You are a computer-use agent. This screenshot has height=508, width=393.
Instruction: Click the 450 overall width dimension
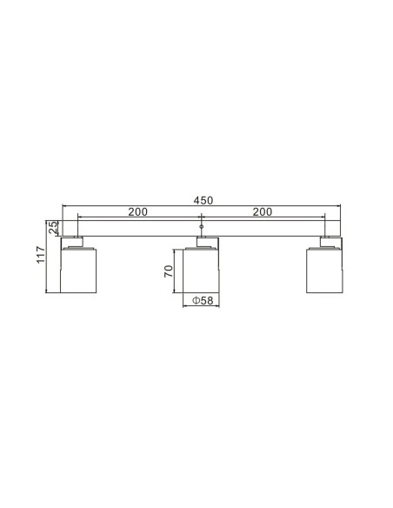coord(202,200)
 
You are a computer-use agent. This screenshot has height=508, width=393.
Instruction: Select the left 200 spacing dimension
coord(137,211)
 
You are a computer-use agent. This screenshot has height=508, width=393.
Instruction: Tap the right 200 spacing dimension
coord(263,211)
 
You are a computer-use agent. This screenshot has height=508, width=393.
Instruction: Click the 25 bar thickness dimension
coord(52,228)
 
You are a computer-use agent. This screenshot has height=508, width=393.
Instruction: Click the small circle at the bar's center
coord(201,227)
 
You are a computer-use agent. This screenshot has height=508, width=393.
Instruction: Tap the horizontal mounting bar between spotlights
coord(139,228)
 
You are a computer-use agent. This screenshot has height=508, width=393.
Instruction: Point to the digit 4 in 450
coord(195,200)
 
